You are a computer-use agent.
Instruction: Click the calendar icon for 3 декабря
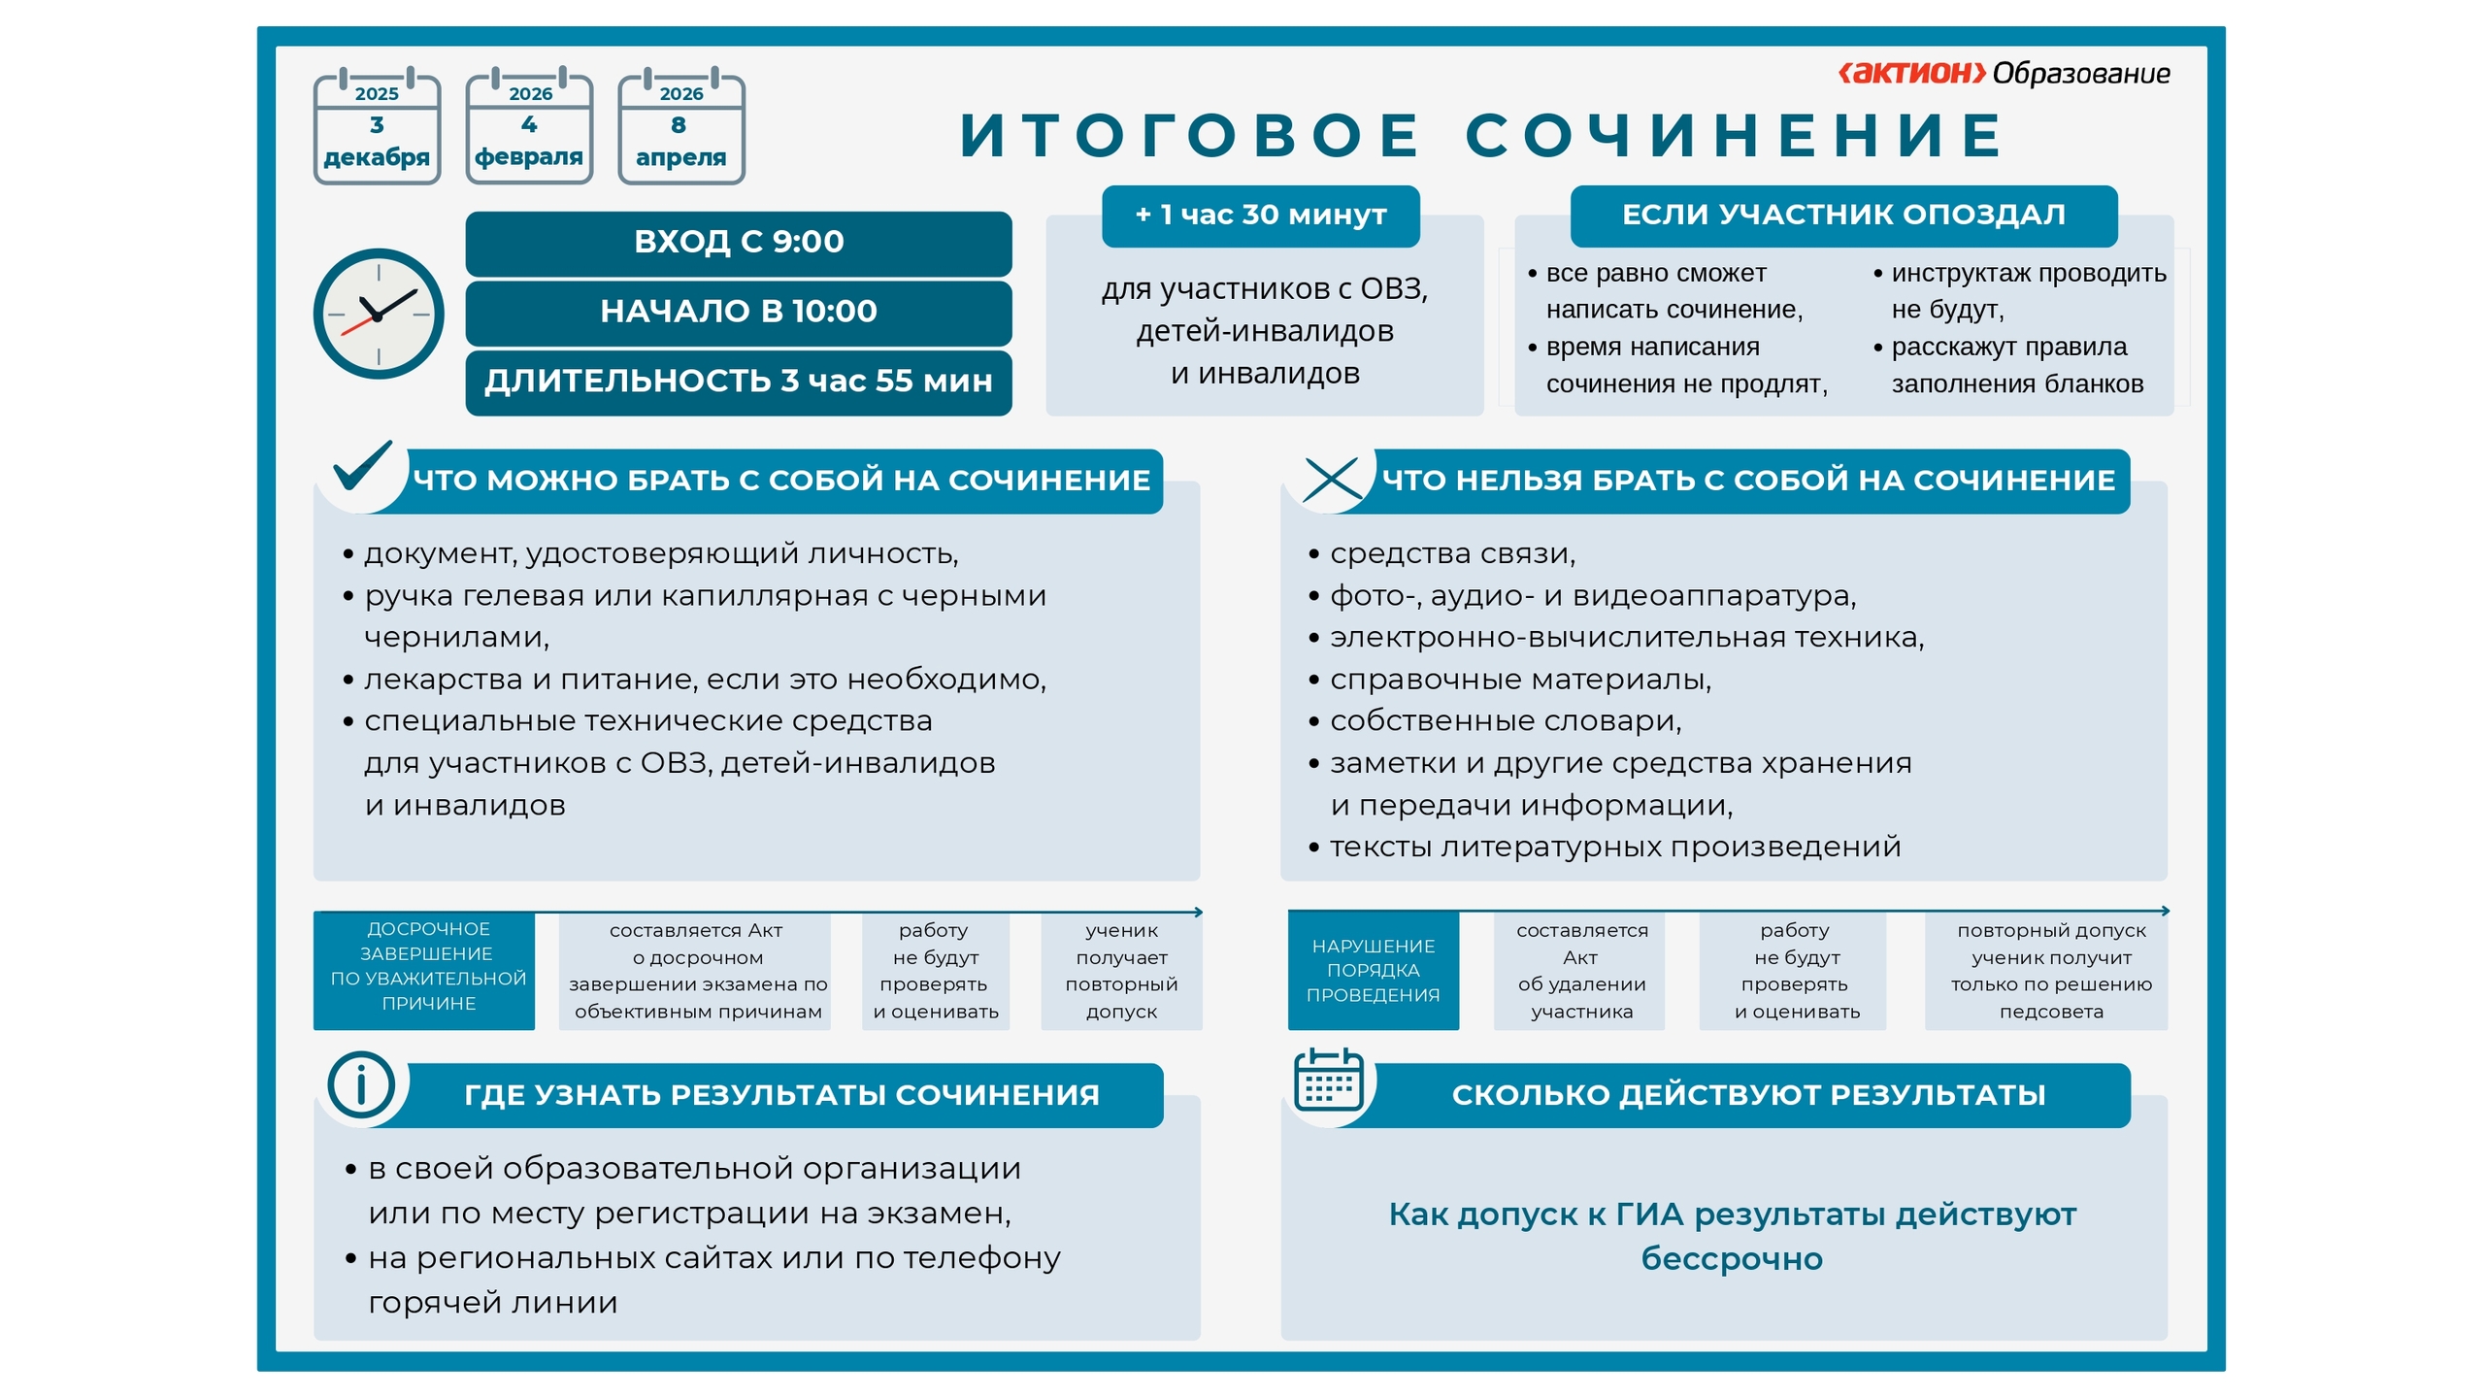pyautogui.click(x=377, y=126)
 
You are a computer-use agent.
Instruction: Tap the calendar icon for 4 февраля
pyautogui.click(x=529, y=126)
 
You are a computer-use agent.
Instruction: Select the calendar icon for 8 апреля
pyautogui.click(x=680, y=126)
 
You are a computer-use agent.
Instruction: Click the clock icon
pyautogui.click(x=379, y=314)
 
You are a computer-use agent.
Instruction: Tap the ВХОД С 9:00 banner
pyautogui.click(x=738, y=242)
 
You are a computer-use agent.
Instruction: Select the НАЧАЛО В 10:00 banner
pyautogui.click(x=738, y=312)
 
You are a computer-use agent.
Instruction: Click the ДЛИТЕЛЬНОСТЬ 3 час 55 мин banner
pyautogui.click(x=738, y=382)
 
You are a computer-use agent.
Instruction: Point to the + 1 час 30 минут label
pyautogui.click(x=1260, y=215)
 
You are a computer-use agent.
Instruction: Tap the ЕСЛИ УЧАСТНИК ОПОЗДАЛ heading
pyautogui.click(x=1842, y=215)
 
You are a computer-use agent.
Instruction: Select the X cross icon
pyautogui.click(x=1331, y=479)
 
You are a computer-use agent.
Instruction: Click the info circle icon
pyautogui.click(x=361, y=1084)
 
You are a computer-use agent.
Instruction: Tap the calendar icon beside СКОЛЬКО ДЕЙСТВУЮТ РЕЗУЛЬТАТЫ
pyautogui.click(x=1328, y=1080)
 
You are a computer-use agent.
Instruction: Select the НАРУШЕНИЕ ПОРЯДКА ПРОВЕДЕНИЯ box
pyautogui.click(x=1373, y=970)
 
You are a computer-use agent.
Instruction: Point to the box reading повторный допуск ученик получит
pyautogui.click(x=2050, y=970)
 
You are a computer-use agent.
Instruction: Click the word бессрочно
pyautogui.click(x=1731, y=1259)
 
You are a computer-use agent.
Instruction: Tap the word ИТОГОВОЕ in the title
pyautogui.click(x=1189, y=135)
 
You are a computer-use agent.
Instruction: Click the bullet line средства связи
pyautogui.click(x=1452, y=553)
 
